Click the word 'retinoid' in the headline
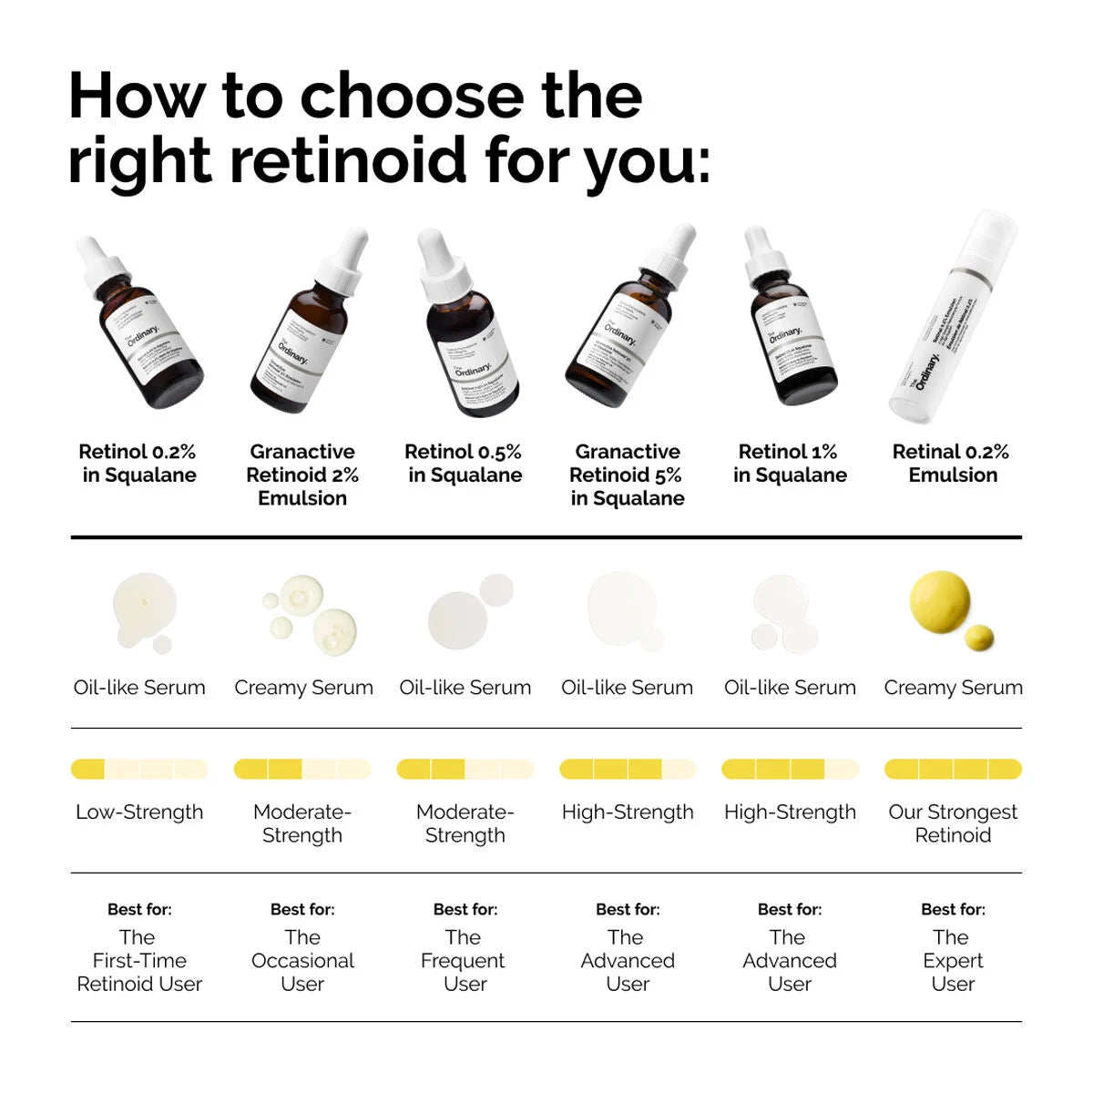coord(351,159)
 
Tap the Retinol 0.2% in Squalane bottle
coord(141,323)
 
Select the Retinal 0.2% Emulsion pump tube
coord(952,319)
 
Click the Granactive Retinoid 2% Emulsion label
coord(302,475)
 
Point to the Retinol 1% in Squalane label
coord(790,463)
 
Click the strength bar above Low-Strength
coord(139,770)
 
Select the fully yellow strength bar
coord(953,770)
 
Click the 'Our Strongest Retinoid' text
coord(953,823)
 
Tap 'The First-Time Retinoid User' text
coord(139,960)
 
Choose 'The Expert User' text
coord(953,960)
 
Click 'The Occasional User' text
coord(302,960)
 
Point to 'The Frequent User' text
coord(465,960)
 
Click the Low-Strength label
coord(139,812)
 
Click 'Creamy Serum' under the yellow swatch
coord(953,688)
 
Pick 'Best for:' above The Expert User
coord(953,909)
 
